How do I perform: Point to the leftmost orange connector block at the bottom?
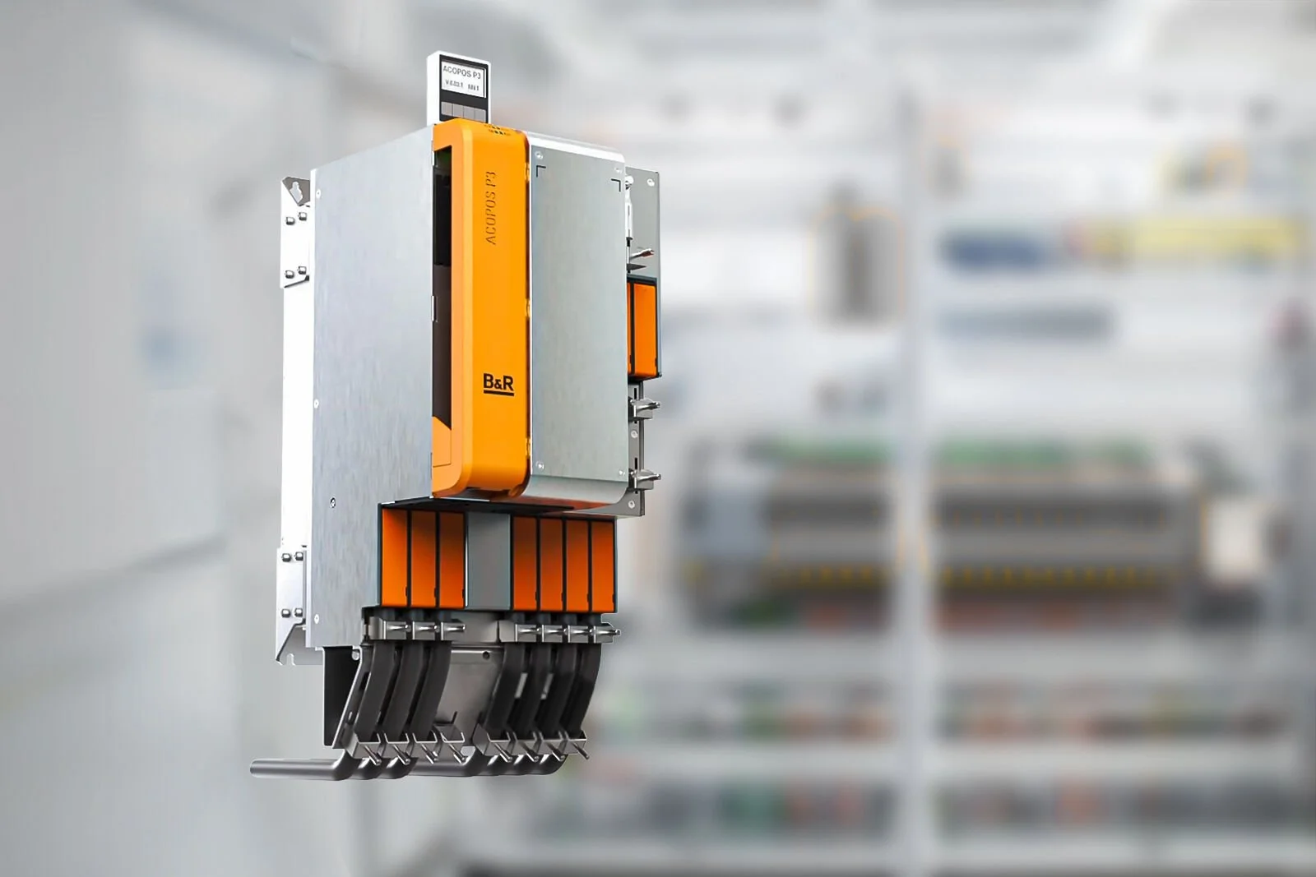394,560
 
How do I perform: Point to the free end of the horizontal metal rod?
257,769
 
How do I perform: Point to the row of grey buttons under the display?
462,108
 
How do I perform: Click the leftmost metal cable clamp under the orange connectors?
396,630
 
